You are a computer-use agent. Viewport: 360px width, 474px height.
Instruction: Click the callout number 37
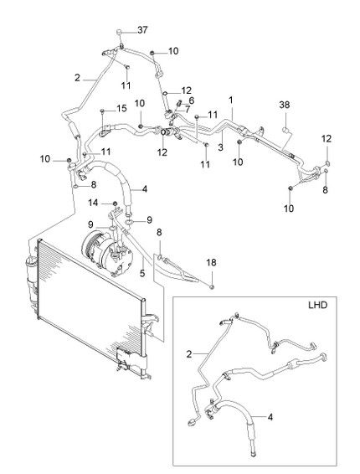[x=142, y=30]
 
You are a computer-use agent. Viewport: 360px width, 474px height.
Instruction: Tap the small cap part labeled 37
[x=119, y=32]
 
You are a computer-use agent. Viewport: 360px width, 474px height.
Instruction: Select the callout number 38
[x=285, y=105]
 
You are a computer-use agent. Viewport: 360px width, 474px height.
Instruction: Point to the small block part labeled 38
[x=286, y=130]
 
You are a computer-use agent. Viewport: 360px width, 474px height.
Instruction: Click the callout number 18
[x=211, y=262]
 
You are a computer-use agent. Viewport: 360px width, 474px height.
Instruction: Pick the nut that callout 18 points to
[x=212, y=286]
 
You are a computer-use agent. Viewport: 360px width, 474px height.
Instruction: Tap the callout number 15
[x=121, y=108]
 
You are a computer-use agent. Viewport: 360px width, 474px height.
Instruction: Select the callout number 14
[x=93, y=203]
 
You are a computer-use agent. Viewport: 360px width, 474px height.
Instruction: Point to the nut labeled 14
[x=115, y=203]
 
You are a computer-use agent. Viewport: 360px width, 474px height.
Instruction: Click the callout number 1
[x=231, y=100]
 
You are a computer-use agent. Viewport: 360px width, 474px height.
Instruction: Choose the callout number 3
[x=221, y=147]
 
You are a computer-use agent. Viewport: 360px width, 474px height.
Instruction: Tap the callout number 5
[x=142, y=273]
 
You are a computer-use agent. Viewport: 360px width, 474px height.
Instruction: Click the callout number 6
[x=191, y=100]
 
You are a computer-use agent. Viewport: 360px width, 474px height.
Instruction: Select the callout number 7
[x=188, y=109]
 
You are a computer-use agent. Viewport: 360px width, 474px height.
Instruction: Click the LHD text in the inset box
[x=317, y=305]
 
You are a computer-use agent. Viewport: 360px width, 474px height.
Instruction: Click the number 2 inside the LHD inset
[x=189, y=354]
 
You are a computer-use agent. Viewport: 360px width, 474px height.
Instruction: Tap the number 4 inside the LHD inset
[x=270, y=417]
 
